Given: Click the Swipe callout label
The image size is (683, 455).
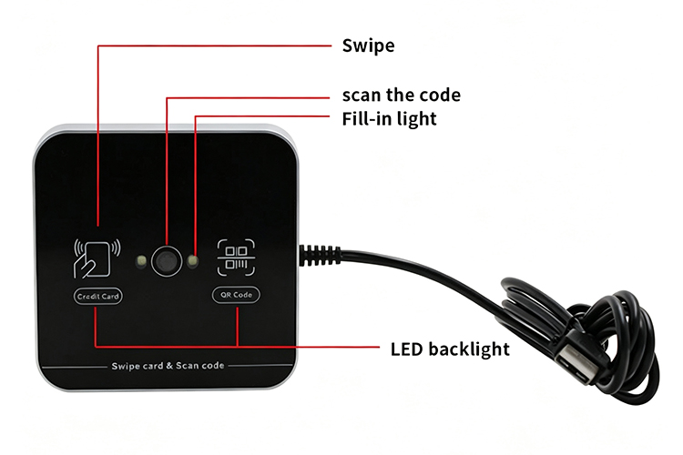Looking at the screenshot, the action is [368, 45].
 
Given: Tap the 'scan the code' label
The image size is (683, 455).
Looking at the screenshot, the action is [402, 95].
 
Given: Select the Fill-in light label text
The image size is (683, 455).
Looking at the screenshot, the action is [389, 119].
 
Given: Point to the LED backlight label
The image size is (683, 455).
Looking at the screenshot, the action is [450, 349].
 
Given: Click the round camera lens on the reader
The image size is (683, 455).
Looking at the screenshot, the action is [167, 261].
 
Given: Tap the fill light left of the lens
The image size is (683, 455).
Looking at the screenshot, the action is [140, 261].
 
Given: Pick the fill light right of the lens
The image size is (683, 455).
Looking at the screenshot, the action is [192, 261].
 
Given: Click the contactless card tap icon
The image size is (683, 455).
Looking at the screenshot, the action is [97, 258].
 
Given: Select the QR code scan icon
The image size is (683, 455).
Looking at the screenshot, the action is [236, 258].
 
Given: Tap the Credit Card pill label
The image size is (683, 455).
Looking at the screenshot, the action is [98, 296].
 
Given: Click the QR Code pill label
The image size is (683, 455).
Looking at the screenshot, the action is [236, 295].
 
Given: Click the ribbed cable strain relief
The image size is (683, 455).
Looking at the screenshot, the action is [320, 256].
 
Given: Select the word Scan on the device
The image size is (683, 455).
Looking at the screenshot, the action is [187, 366].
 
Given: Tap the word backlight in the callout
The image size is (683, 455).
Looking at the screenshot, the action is [469, 349].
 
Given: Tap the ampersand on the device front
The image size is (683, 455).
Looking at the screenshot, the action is [169, 366].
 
